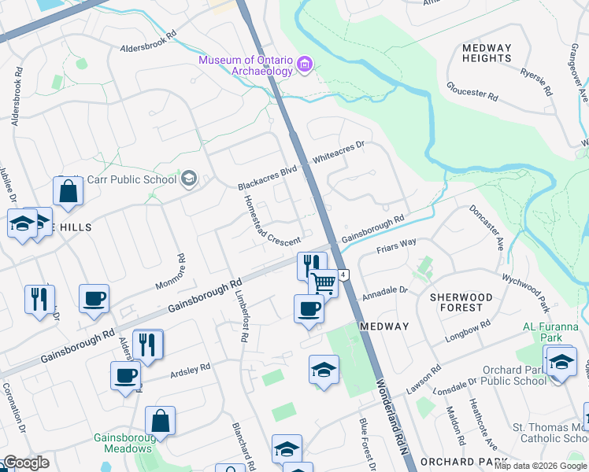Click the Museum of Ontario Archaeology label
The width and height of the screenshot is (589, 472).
coord(246,65)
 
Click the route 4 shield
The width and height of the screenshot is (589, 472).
coord(344,275)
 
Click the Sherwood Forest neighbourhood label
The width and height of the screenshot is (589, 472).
coord(461,303)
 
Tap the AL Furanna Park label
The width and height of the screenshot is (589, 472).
coord(552,332)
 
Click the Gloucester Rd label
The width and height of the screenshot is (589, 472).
coord(472,90)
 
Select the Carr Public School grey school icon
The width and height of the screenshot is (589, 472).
coord(188,179)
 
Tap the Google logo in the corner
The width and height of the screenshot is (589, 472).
coord(26,463)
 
